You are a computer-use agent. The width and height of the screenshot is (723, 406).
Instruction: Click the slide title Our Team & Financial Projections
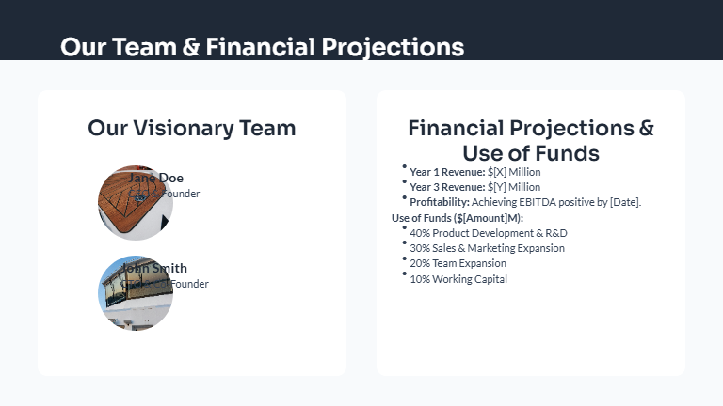(262, 47)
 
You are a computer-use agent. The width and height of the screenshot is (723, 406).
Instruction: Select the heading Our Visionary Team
(191, 128)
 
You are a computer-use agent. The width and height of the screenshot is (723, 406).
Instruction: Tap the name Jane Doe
(156, 178)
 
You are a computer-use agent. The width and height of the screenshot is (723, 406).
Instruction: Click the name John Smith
(154, 268)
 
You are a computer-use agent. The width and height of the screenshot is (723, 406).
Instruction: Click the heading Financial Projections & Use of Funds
(530, 140)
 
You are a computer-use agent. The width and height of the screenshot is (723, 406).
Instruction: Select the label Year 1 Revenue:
(447, 172)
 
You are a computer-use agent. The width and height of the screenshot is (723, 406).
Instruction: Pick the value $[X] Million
(514, 172)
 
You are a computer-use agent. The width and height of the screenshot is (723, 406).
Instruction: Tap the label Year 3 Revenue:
(447, 187)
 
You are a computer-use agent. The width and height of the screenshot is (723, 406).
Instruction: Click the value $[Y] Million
(514, 187)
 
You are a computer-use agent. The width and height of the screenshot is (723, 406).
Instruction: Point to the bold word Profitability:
(440, 202)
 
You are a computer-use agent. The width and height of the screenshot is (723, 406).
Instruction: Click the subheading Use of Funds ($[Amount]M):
(457, 218)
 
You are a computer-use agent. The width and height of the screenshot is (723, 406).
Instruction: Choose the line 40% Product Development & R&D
(489, 233)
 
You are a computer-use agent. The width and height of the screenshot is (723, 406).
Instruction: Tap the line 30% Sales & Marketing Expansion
(487, 248)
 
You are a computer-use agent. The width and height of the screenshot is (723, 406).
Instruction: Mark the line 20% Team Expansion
(458, 264)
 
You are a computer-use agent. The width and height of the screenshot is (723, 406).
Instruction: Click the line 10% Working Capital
(458, 279)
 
